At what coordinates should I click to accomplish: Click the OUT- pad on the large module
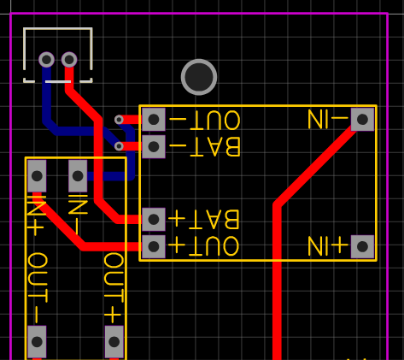click(x=154, y=120)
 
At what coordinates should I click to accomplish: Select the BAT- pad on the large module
click(x=154, y=146)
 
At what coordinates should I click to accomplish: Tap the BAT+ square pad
click(x=154, y=220)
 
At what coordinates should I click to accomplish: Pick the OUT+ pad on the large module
click(x=154, y=246)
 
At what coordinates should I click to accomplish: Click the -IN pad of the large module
click(x=362, y=120)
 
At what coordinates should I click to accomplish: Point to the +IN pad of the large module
click(x=362, y=246)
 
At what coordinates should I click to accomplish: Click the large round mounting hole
click(x=199, y=77)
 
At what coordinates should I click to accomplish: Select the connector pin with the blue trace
click(x=46, y=60)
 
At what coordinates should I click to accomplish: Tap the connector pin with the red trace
click(x=69, y=60)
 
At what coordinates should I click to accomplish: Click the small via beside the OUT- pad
click(x=119, y=120)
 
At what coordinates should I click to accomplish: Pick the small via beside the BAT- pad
click(x=119, y=146)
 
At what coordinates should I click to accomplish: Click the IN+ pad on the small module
click(x=37, y=176)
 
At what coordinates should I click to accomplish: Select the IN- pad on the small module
click(x=78, y=176)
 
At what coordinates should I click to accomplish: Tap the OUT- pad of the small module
click(x=37, y=342)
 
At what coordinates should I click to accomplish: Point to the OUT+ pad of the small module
click(x=114, y=342)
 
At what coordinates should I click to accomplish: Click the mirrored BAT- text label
click(x=205, y=147)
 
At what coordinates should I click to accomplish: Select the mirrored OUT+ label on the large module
click(x=204, y=246)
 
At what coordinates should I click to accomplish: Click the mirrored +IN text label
click(x=328, y=245)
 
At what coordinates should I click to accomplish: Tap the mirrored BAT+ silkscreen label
click(x=204, y=219)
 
